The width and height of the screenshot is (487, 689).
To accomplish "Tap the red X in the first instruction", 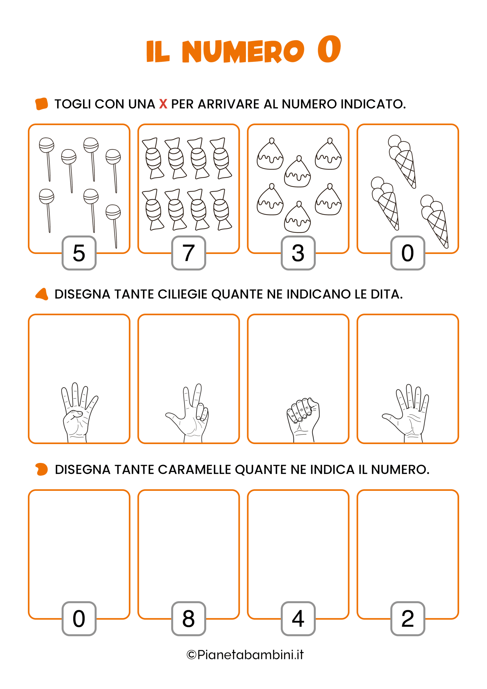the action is [163, 104].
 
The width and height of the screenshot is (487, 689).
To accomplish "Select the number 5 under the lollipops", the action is [79, 253].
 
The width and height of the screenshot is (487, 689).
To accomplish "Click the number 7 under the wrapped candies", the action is [189, 253].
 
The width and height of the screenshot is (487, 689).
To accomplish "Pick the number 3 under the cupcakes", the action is [298, 253].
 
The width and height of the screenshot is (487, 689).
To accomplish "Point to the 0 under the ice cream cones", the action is [408, 253].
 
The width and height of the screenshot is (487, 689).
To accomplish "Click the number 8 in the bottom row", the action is [189, 618].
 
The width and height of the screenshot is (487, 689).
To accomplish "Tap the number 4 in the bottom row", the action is [298, 618].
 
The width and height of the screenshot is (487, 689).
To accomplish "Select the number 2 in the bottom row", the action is [408, 618].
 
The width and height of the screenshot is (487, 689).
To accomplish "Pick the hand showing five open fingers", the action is [406, 414].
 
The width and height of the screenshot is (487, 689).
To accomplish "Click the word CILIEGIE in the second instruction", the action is [183, 294].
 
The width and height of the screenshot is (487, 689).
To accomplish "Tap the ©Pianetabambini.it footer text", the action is [245, 655].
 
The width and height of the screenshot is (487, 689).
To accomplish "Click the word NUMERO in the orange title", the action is [243, 51].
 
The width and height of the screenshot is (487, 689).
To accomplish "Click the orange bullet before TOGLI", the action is [42, 104].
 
